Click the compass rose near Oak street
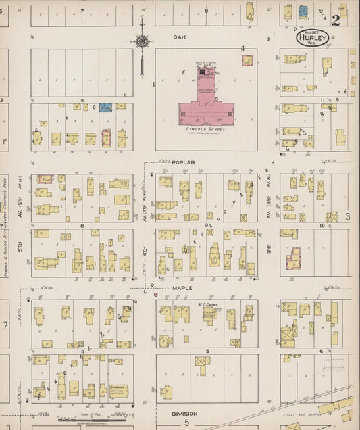point(142,41)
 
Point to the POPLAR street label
point(182,163)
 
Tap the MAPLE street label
point(182,287)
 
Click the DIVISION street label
point(183,414)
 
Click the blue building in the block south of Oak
point(105,107)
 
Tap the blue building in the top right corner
point(303,11)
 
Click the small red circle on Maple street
point(156,295)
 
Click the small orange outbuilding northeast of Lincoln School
point(247,60)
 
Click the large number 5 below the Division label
point(186,423)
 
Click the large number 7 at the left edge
point(5,326)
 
